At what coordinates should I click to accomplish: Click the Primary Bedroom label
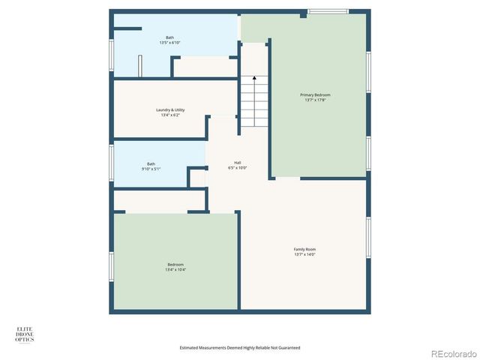315,95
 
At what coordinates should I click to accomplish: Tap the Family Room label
304,249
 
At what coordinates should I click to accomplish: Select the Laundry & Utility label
171,110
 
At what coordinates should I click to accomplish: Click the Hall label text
237,163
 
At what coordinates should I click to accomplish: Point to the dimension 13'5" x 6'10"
170,43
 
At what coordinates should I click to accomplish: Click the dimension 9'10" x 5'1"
151,169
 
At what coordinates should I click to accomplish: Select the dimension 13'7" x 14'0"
304,254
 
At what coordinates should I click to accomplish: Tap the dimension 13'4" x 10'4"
175,269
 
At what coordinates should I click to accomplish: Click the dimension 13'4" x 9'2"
171,115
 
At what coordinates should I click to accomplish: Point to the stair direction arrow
254,78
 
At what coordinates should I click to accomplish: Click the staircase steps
253,105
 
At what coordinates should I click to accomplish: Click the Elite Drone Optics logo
25,334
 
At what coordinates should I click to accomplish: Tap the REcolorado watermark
451,352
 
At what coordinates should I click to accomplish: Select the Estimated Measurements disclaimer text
240,348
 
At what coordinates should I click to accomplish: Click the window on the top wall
328,11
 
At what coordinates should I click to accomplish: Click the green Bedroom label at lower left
175,264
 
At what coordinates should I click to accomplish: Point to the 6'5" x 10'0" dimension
237,168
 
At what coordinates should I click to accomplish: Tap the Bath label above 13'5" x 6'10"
170,37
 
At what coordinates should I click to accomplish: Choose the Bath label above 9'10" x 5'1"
151,163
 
